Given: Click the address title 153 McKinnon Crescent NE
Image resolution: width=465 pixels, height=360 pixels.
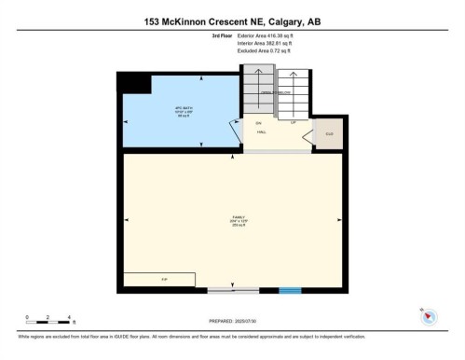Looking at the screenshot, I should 232,21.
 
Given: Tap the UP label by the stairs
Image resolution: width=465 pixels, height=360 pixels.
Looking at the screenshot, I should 293,122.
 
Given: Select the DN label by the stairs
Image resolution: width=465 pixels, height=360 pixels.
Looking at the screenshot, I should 258,122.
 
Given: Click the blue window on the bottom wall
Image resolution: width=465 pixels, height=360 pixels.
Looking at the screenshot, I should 291,291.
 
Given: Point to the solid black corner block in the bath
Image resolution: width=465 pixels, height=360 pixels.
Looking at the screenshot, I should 129,83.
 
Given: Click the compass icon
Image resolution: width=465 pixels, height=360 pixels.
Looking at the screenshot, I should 428,314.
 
